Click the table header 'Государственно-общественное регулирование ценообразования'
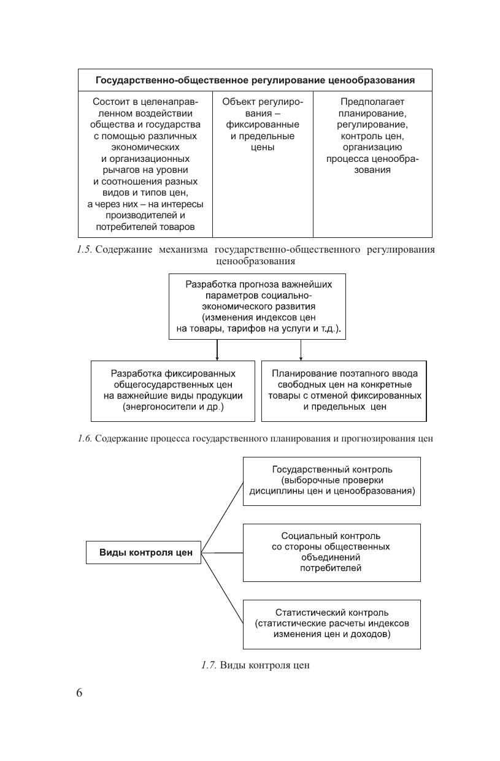pos(255,80)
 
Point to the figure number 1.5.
pos(84,250)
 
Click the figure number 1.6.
pos(84,438)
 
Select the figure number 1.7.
pos(209,665)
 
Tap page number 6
pos(79,693)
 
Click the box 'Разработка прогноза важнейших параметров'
pos(258,307)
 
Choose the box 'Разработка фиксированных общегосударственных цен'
pos(173,391)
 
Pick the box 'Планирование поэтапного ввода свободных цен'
pos(344,391)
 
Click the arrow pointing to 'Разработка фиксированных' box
pos(217,351)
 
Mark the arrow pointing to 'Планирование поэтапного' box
pos(301,351)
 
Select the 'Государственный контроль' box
pos(332,481)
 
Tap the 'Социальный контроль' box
pos(332,552)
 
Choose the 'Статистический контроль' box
pos(332,624)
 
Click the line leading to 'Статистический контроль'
pos(222,589)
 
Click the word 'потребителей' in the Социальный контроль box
pos(331,568)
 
